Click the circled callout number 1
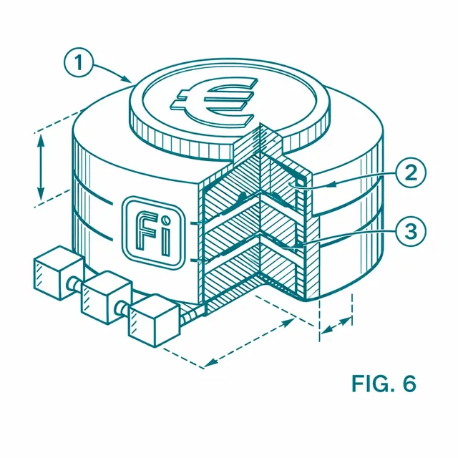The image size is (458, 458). click(x=78, y=62)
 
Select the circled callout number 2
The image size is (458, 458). click(x=411, y=172)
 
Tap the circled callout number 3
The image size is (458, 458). click(x=411, y=231)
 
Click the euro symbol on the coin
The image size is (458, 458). click(x=214, y=101)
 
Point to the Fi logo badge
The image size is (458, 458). click(x=154, y=232)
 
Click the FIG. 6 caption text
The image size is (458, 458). click(x=384, y=384)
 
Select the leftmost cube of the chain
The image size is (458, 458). click(x=59, y=273)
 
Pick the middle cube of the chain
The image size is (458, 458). click(x=107, y=298)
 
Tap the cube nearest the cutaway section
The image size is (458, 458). click(x=154, y=321)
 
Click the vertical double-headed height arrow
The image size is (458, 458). click(x=41, y=167)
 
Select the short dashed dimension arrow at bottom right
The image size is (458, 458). click(x=336, y=325)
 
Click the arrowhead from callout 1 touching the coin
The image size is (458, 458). click(x=127, y=79)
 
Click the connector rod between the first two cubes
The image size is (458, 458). click(x=75, y=283)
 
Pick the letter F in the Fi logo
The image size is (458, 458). click(x=146, y=231)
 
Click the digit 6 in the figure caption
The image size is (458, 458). click(x=409, y=384)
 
